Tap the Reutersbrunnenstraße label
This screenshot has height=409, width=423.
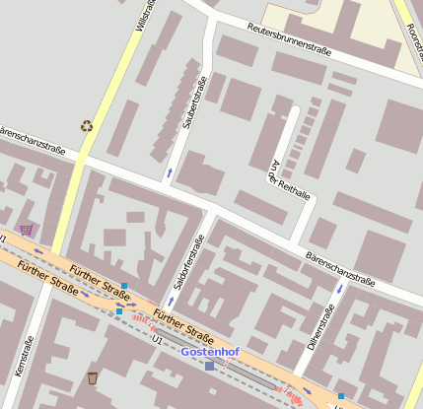[x=289, y=38]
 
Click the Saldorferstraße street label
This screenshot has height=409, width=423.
[x=187, y=262]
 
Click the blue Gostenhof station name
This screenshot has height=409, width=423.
[x=210, y=351]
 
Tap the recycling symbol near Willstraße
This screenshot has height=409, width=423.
[x=86, y=125]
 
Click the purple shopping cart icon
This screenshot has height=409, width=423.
[x=26, y=230]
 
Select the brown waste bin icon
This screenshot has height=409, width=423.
[x=93, y=377]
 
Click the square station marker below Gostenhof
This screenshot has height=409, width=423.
[x=209, y=367]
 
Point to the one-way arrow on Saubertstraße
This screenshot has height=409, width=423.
[x=168, y=173]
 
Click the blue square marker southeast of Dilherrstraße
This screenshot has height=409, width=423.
[x=340, y=396]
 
